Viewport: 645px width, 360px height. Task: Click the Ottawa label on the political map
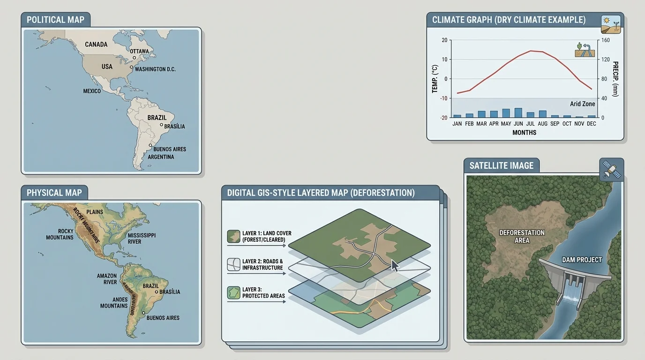point(139,51)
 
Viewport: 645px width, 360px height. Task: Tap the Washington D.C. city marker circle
point(131,67)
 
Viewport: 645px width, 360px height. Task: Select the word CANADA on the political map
point(96,45)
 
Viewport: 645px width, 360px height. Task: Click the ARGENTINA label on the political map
point(161,157)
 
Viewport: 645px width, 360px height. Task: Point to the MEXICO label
point(92,91)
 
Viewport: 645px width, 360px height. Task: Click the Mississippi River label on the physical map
point(141,238)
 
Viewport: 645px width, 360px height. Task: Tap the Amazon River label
point(107,279)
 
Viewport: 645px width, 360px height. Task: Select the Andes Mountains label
point(114,302)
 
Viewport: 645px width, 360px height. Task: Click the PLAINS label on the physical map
point(95,212)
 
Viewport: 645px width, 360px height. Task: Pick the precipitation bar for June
point(518,112)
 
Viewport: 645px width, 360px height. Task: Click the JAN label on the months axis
point(457,124)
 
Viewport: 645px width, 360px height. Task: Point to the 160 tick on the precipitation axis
point(606,40)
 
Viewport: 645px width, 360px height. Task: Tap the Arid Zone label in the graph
point(582,104)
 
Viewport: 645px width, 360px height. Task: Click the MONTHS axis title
point(524,133)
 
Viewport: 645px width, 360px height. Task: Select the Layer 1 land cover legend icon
point(233,236)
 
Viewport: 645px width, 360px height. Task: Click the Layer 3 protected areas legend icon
point(233,292)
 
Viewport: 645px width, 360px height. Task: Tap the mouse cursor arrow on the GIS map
point(395,266)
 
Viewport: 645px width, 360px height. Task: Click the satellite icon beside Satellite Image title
point(612,170)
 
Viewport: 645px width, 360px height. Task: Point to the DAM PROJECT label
point(582,260)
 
